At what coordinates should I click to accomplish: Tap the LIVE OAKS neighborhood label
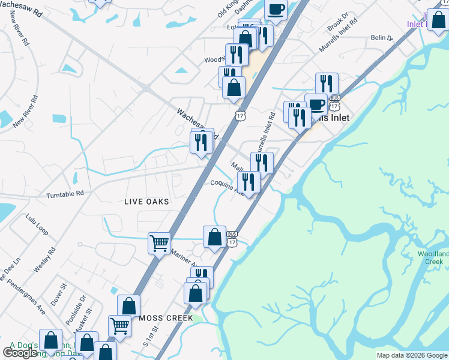tap(146, 202)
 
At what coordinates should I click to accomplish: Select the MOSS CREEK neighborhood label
tap(166, 318)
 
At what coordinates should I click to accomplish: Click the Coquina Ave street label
tap(225, 187)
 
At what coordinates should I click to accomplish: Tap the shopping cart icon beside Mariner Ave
tap(159, 243)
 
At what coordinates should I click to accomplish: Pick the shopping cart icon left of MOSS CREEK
tap(119, 326)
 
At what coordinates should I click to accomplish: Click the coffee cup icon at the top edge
tap(276, 9)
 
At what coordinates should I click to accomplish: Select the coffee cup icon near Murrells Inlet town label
tap(316, 104)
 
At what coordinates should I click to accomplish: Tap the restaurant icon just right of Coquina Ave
tap(249, 182)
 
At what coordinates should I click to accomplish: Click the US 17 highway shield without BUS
tap(240, 115)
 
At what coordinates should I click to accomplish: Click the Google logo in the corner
tap(20, 353)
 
